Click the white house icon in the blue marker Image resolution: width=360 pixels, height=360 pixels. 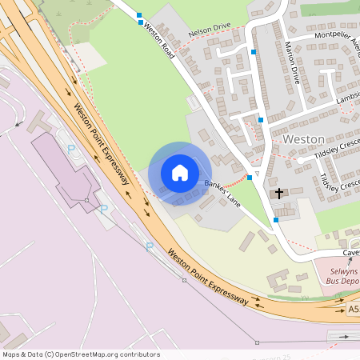pos(180,172)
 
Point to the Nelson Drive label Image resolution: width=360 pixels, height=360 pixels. pos(209,32)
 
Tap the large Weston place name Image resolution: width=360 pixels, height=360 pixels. pos(303,139)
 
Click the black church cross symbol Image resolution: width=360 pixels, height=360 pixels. pos(279,194)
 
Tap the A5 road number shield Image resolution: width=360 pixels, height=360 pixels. pos(353,309)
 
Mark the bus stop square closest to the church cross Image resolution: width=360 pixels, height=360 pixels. pos(276,219)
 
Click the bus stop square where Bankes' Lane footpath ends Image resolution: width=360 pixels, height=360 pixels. pos(250,177)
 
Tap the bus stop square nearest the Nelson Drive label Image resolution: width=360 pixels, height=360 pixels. pos(141,22)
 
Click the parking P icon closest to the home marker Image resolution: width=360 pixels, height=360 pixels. pos(104,208)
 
